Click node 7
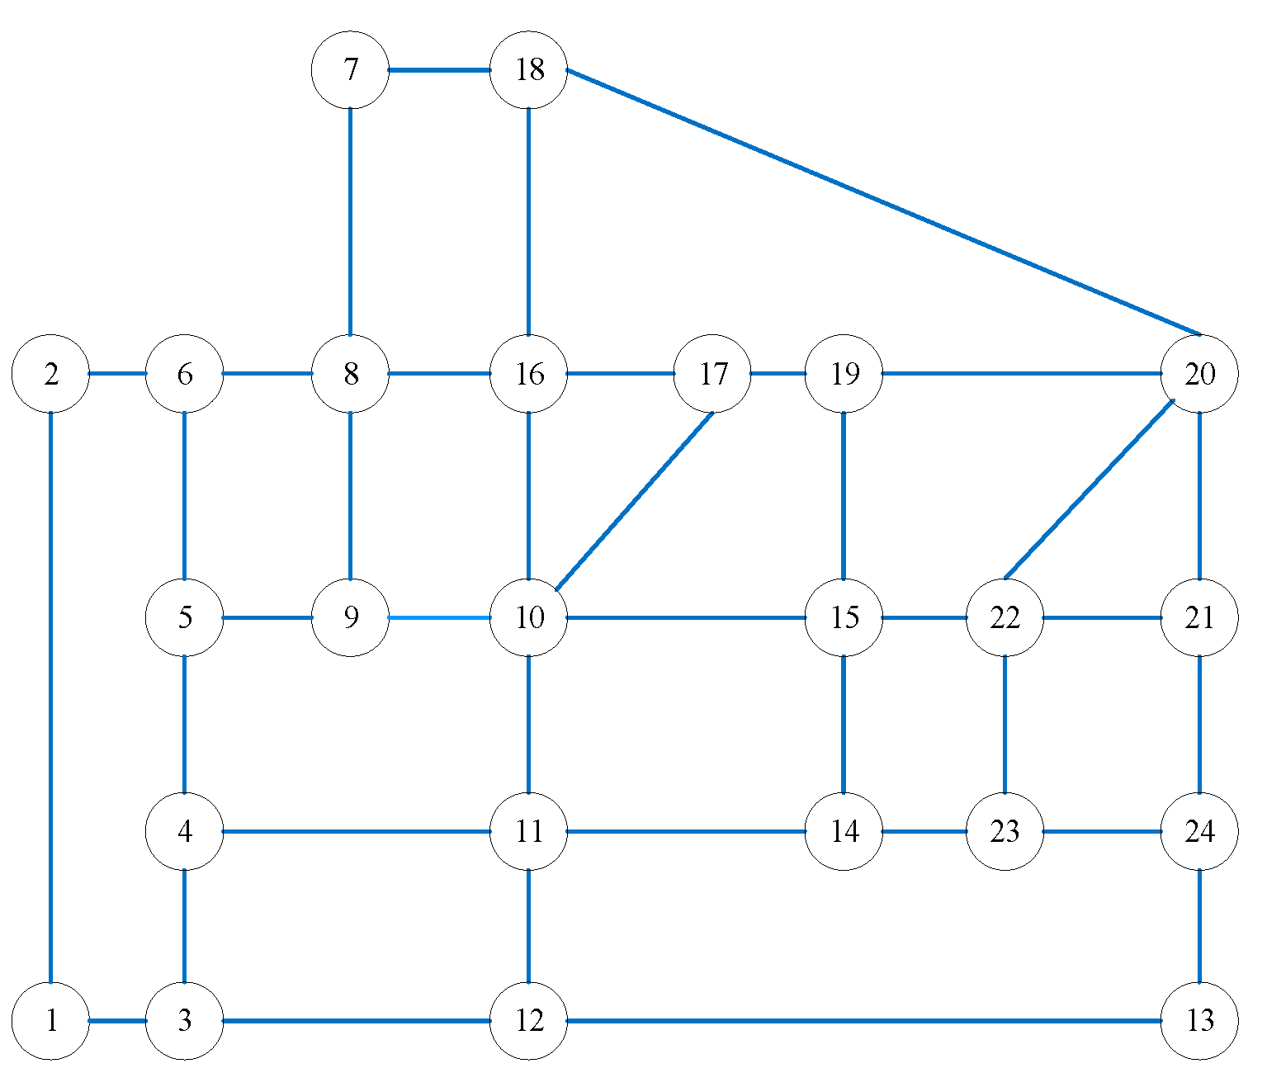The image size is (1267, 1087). click(350, 70)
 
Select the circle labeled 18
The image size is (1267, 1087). click(528, 70)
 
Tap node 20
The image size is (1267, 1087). click(1199, 374)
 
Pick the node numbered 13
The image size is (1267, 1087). click(1199, 1021)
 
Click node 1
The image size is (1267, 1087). click(51, 1021)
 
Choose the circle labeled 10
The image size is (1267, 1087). click(528, 617)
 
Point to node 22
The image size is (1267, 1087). click(1005, 617)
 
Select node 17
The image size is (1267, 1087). click(712, 374)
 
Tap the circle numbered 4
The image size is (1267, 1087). click(184, 831)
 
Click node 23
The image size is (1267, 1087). click(1005, 831)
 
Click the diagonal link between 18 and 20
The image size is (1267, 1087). click(883, 202)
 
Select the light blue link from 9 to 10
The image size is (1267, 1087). click(439, 617)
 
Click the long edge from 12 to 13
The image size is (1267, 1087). click(863, 1021)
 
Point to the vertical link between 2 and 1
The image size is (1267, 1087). click(51, 697)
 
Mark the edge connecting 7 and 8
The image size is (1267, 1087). click(350, 222)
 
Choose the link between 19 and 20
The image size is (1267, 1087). click(1022, 374)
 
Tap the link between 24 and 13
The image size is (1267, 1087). click(1199, 926)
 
